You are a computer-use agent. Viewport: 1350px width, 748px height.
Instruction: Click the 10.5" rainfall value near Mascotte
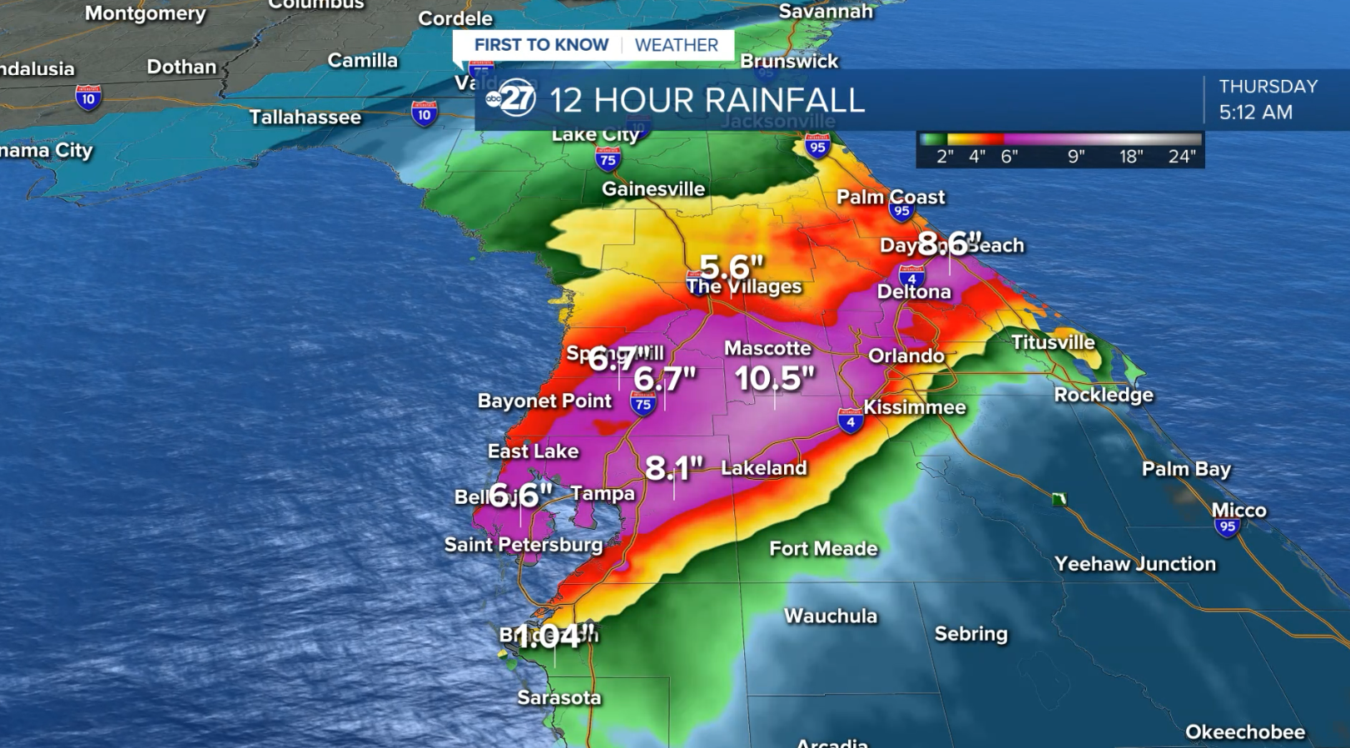point(773,379)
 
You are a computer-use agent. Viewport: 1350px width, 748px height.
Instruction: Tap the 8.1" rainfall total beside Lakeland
point(674,469)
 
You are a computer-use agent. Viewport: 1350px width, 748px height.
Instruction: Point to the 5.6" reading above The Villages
point(731,267)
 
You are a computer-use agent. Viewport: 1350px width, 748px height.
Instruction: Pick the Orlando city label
point(906,356)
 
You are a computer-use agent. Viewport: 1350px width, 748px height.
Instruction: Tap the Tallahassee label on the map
point(305,117)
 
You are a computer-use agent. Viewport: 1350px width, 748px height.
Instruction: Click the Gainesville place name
point(653,189)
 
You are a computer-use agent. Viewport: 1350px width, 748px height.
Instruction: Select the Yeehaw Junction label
point(1135,564)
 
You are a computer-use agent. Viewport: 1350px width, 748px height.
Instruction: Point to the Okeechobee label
point(1245,732)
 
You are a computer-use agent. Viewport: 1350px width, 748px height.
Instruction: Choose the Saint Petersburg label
point(524,545)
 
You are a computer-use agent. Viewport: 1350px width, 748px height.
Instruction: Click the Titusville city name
point(1053,342)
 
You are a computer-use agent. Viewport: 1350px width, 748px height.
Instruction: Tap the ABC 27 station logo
point(510,99)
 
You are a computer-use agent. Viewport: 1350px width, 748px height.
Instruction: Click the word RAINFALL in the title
point(797,101)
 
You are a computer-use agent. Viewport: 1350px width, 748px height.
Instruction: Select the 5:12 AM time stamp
point(1255,112)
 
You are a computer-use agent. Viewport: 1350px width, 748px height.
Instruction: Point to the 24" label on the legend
point(1182,157)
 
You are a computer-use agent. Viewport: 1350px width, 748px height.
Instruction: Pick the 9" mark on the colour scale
point(1076,157)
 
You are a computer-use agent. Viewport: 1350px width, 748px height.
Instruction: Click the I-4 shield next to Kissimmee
point(850,421)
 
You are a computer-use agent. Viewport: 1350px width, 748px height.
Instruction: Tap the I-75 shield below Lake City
point(608,159)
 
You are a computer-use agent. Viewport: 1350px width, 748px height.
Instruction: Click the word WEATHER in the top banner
point(676,45)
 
